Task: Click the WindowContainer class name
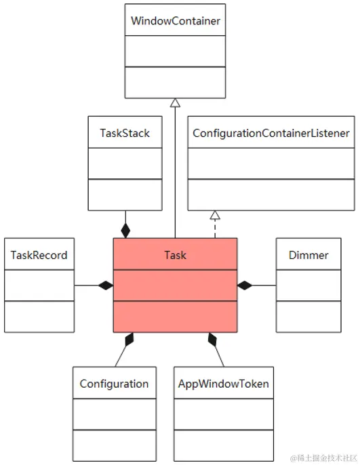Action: point(176,21)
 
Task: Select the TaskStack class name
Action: point(125,133)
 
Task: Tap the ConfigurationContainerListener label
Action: point(271,133)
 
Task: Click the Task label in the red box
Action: point(176,255)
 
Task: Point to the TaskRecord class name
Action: point(39,255)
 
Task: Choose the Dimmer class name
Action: point(308,255)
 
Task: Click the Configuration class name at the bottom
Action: point(114,384)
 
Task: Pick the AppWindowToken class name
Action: point(224,384)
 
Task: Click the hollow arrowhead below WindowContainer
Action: point(176,102)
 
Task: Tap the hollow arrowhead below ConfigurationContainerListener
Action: point(215,215)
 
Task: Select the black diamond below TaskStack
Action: point(125,230)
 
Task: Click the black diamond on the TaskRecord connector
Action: point(106,285)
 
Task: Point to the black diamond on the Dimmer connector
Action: point(245,285)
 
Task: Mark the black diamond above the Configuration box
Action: point(129,339)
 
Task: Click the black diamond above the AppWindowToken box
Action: point(212,339)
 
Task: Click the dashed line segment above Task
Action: point(215,228)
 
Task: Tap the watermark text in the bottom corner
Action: point(323,458)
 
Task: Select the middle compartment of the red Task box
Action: point(176,285)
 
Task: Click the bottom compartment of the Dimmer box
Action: point(308,317)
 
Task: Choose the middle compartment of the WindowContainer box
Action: point(176,52)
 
